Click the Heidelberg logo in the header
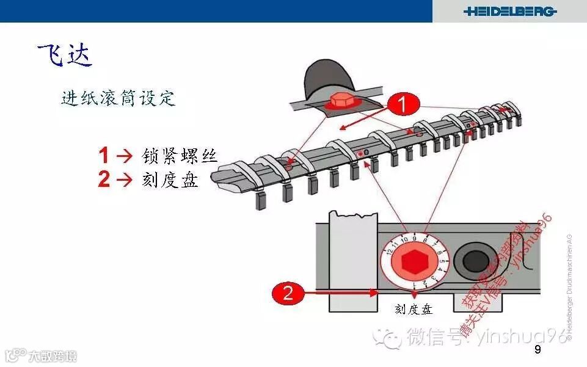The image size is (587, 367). pyautogui.click(x=509, y=11)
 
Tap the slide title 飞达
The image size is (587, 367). pyautogui.click(x=65, y=55)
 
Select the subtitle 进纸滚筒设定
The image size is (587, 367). pyautogui.click(x=118, y=98)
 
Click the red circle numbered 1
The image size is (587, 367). pyautogui.click(x=402, y=105)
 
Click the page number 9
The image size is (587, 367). pyautogui.click(x=538, y=350)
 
